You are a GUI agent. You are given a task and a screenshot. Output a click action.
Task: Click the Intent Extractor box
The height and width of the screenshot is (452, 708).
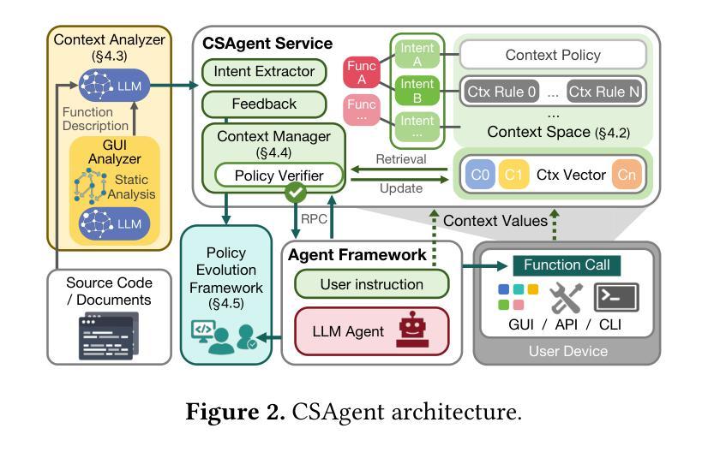[263, 71]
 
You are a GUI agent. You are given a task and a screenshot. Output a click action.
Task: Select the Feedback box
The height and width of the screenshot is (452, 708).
[263, 104]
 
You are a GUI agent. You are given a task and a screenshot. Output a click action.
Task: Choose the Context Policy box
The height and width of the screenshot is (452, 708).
[552, 55]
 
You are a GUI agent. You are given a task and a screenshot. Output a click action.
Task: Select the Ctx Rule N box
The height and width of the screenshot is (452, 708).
[605, 91]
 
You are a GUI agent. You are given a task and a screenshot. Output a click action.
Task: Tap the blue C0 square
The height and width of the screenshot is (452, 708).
[480, 175]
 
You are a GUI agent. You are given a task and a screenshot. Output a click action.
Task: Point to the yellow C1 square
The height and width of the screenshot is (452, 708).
[513, 175]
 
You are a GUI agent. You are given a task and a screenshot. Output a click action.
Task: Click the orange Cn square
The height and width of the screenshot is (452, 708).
[627, 175]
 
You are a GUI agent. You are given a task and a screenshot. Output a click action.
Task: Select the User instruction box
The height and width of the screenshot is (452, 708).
[371, 283]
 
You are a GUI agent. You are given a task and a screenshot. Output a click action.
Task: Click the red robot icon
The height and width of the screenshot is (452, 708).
[411, 330]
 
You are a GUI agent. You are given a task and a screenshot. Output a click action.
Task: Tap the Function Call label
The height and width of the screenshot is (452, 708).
[567, 265]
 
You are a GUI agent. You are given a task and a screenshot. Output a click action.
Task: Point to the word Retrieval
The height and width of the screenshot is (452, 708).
[400, 159]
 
